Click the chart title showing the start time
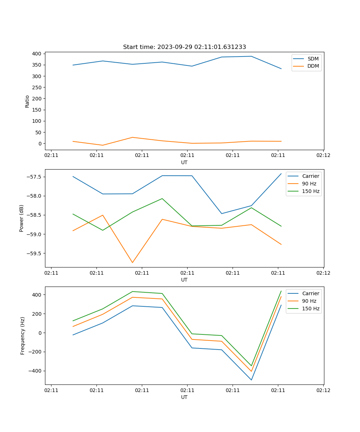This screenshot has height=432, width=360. tap(184, 47)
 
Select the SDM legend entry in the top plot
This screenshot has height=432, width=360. tap(313, 59)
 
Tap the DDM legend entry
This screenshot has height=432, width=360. tap(313, 66)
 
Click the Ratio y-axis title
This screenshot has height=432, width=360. tap(27, 101)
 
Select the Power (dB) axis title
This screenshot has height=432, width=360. tap(22, 218)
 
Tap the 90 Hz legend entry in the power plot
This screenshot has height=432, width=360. tap(309, 184)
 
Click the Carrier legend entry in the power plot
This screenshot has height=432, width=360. tap(310, 176)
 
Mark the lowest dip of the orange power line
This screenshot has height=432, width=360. tap(132, 262)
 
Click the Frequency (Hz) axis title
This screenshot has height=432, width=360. tap(22, 336)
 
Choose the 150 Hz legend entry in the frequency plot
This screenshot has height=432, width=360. tap(311, 309)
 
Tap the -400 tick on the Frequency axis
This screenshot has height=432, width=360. tap(35, 371)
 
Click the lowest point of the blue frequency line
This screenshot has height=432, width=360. tap(251, 380)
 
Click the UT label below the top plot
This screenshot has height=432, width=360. tap(184, 162)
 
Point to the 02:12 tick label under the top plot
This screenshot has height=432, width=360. tap(323, 156)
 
